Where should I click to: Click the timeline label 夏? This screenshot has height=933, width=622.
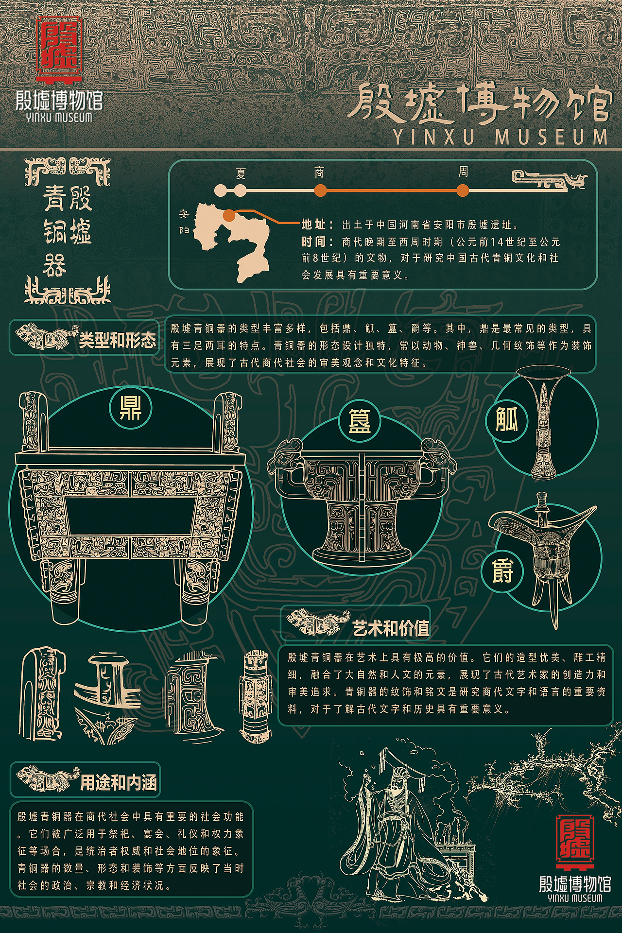(x=241, y=173)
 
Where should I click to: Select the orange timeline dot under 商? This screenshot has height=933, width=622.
(x=319, y=190)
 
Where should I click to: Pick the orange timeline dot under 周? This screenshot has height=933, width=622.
(x=463, y=190)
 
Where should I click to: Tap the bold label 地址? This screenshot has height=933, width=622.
(x=314, y=225)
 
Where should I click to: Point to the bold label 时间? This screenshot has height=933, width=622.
(x=314, y=242)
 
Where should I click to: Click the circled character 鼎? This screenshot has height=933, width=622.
(x=130, y=409)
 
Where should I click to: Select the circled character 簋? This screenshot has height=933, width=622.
(x=360, y=421)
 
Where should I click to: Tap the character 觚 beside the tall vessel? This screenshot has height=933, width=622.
(x=507, y=420)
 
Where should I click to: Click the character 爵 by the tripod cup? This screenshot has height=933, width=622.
(x=502, y=570)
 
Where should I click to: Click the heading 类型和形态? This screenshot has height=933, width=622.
(x=118, y=340)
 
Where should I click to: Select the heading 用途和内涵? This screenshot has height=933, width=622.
(x=119, y=782)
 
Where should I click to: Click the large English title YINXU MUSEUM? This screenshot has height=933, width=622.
(x=501, y=138)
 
